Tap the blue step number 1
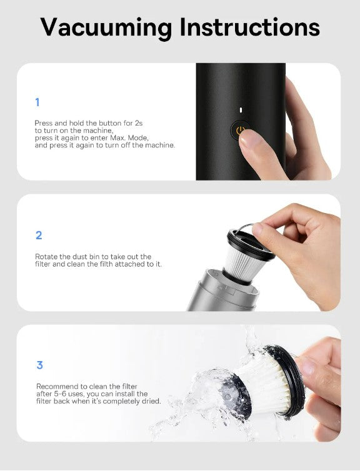(37, 102)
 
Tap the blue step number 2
(38, 235)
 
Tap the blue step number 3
(39, 365)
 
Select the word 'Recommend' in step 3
(53, 386)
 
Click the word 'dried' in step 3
(151, 401)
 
